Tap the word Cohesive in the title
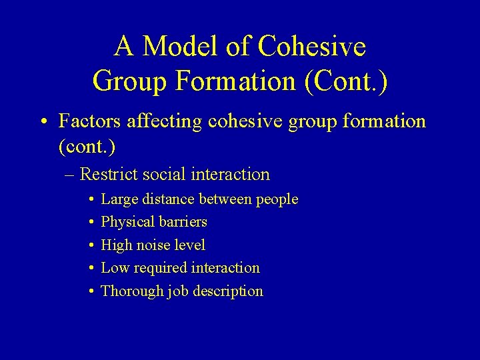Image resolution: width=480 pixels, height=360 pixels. click(x=312, y=47)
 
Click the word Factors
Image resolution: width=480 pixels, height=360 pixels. click(x=89, y=121)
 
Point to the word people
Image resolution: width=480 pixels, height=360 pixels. click(x=277, y=200)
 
